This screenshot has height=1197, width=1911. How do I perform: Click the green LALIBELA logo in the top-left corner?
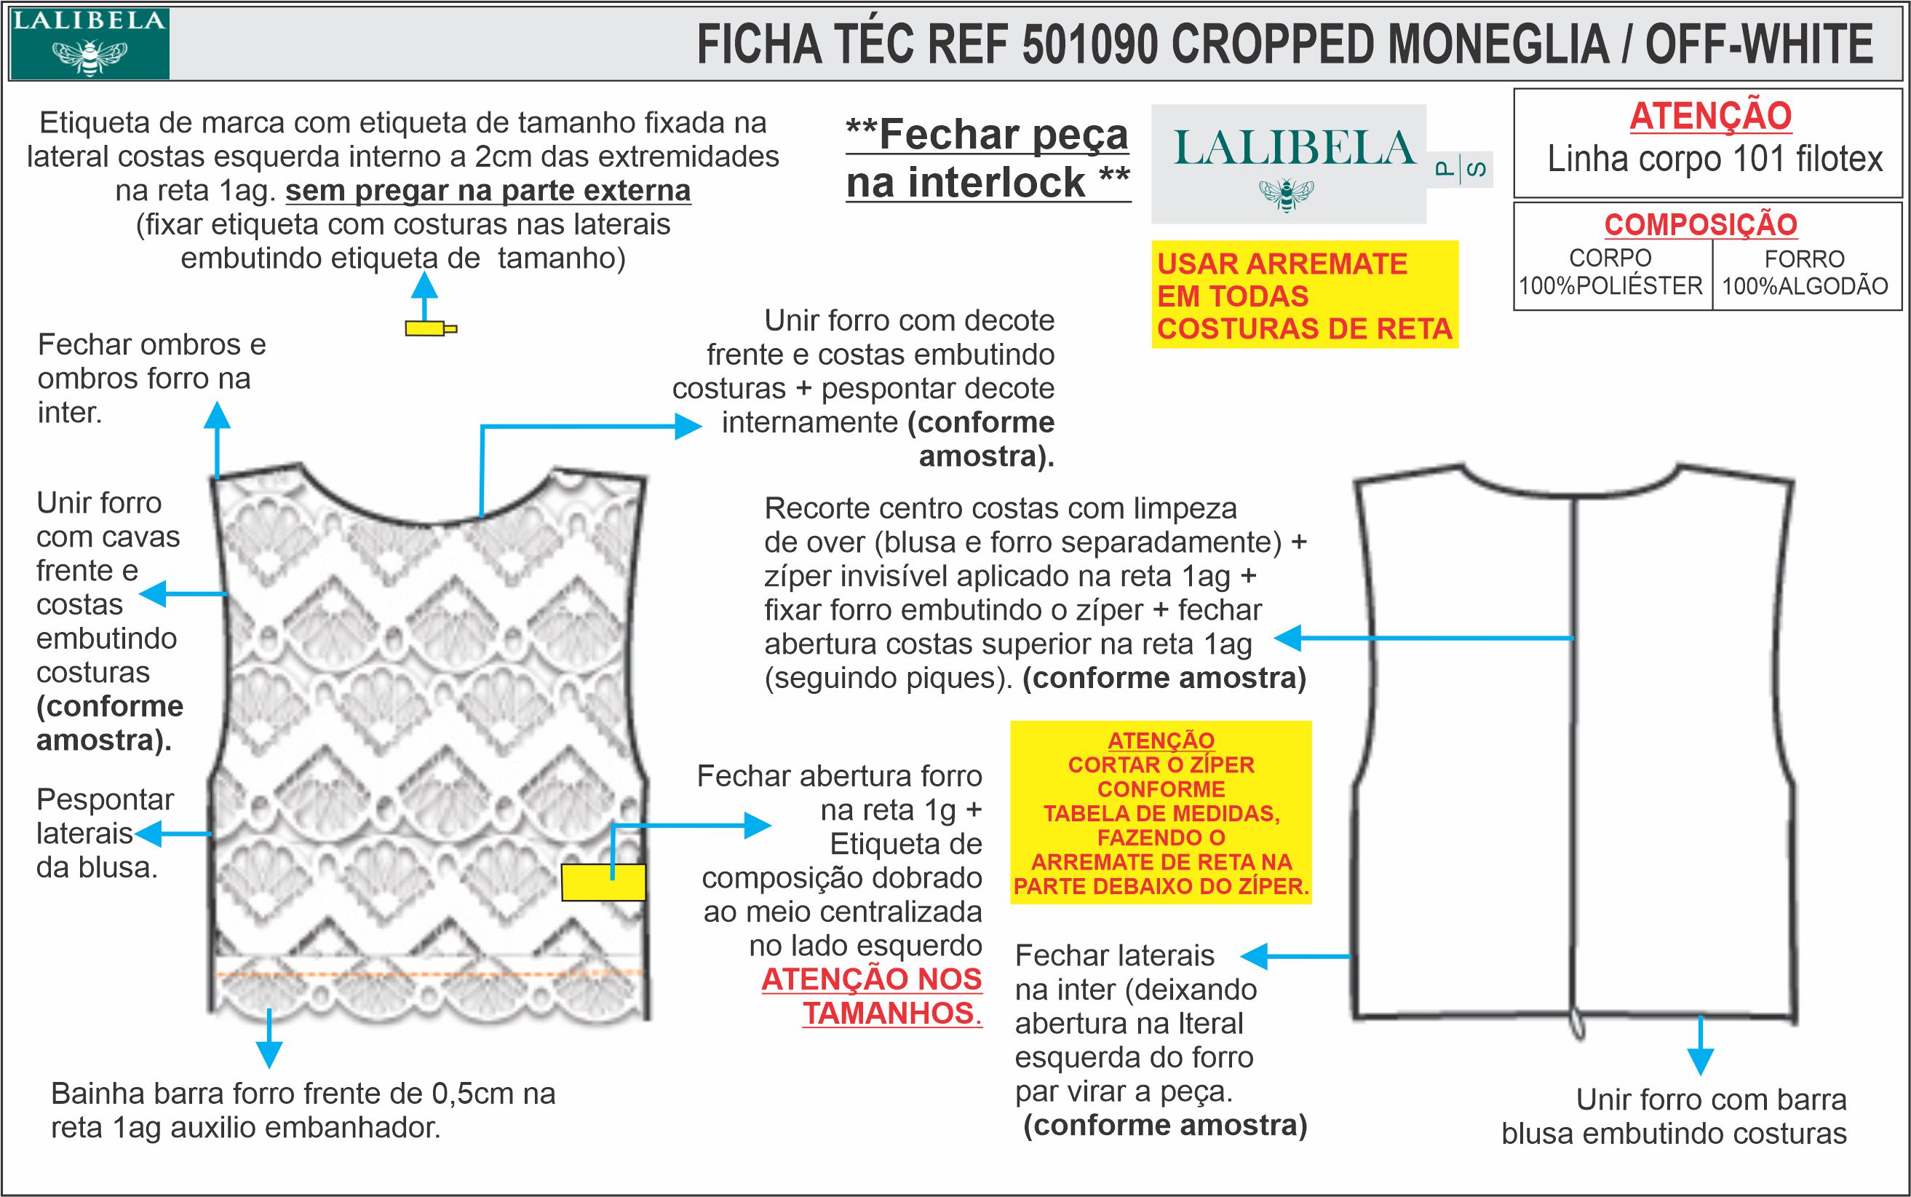tap(89, 44)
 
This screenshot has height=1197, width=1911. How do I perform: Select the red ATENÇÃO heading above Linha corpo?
tap(1710, 116)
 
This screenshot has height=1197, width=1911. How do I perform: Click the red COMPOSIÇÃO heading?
tap(1701, 225)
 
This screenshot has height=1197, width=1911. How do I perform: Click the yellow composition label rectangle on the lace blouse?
tap(603, 882)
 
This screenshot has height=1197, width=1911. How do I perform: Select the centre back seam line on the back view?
tap(1573, 752)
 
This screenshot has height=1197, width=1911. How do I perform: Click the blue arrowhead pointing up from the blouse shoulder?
tap(217, 416)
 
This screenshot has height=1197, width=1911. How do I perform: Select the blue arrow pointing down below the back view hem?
tap(1701, 1059)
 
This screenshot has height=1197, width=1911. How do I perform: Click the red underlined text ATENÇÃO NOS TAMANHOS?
tap(872, 996)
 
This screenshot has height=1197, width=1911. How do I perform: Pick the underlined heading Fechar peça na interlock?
tap(988, 158)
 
